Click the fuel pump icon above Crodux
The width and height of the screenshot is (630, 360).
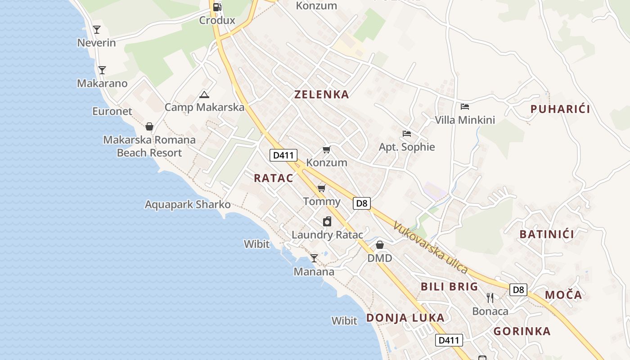pyautogui.click(x=217, y=7)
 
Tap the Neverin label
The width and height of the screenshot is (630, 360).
pyautogui.click(x=97, y=43)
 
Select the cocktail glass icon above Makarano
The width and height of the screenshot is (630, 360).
pyautogui.click(x=102, y=70)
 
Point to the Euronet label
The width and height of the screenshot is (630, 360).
pyautogui.click(x=112, y=111)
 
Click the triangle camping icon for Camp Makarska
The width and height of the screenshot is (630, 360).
pyautogui.click(x=204, y=94)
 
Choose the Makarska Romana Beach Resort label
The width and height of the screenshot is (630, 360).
pyautogui.click(x=149, y=146)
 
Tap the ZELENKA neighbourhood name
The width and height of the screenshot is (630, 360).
pyautogui.click(x=321, y=94)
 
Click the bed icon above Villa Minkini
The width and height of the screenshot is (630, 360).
pyautogui.click(x=465, y=107)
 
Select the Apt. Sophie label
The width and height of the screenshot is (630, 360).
pyautogui.click(x=407, y=147)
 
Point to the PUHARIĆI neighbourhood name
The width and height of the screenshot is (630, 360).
pyautogui.click(x=560, y=109)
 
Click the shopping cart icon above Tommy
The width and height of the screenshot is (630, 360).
pyautogui.click(x=321, y=188)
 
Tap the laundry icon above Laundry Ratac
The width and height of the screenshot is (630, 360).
pyautogui.click(x=327, y=221)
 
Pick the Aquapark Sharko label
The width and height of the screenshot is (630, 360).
pyautogui.click(x=188, y=205)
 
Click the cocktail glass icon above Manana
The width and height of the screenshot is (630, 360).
pyautogui.click(x=314, y=258)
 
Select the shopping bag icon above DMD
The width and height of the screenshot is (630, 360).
pyautogui.click(x=380, y=245)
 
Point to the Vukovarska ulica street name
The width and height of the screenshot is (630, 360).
pyautogui.click(x=431, y=247)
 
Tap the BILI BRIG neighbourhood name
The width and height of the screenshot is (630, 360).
pyautogui.click(x=449, y=287)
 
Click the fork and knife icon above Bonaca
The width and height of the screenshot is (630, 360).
pyautogui.click(x=490, y=297)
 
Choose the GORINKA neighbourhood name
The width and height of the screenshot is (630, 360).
pyautogui.click(x=522, y=332)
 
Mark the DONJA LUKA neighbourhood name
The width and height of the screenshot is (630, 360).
pyautogui.click(x=405, y=318)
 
